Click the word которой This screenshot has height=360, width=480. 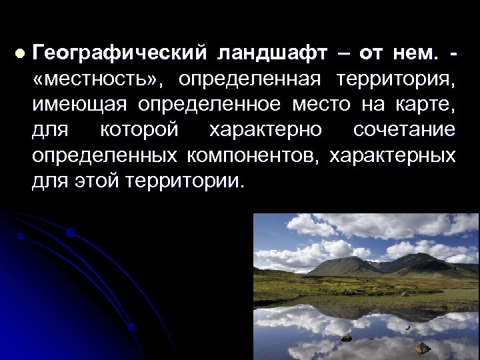(x=139, y=129)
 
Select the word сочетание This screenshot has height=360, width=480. (x=404, y=129)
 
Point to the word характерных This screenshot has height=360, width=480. (x=393, y=155)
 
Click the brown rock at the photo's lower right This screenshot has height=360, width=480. (x=422, y=347)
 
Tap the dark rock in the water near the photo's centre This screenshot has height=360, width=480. (x=346, y=338)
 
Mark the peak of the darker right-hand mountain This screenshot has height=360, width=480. (x=419, y=255)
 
